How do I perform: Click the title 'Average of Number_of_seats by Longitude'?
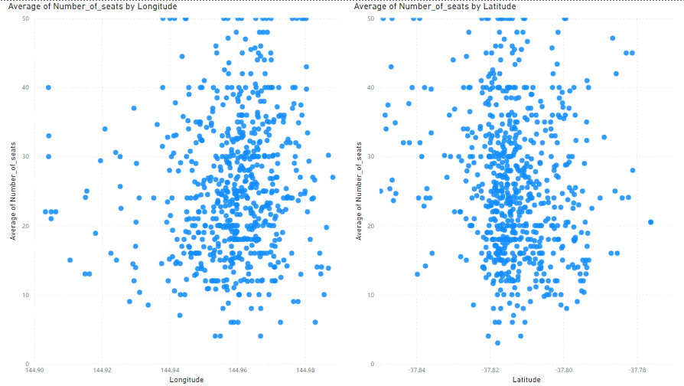tap(93, 6)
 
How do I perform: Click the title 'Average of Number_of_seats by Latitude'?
tap(435, 6)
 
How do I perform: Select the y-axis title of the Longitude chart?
tap(13, 190)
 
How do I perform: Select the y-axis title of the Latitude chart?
tap(359, 190)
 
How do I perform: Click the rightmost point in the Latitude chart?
tap(650, 222)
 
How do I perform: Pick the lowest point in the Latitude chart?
tap(497, 342)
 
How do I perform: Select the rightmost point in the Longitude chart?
tap(333, 177)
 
